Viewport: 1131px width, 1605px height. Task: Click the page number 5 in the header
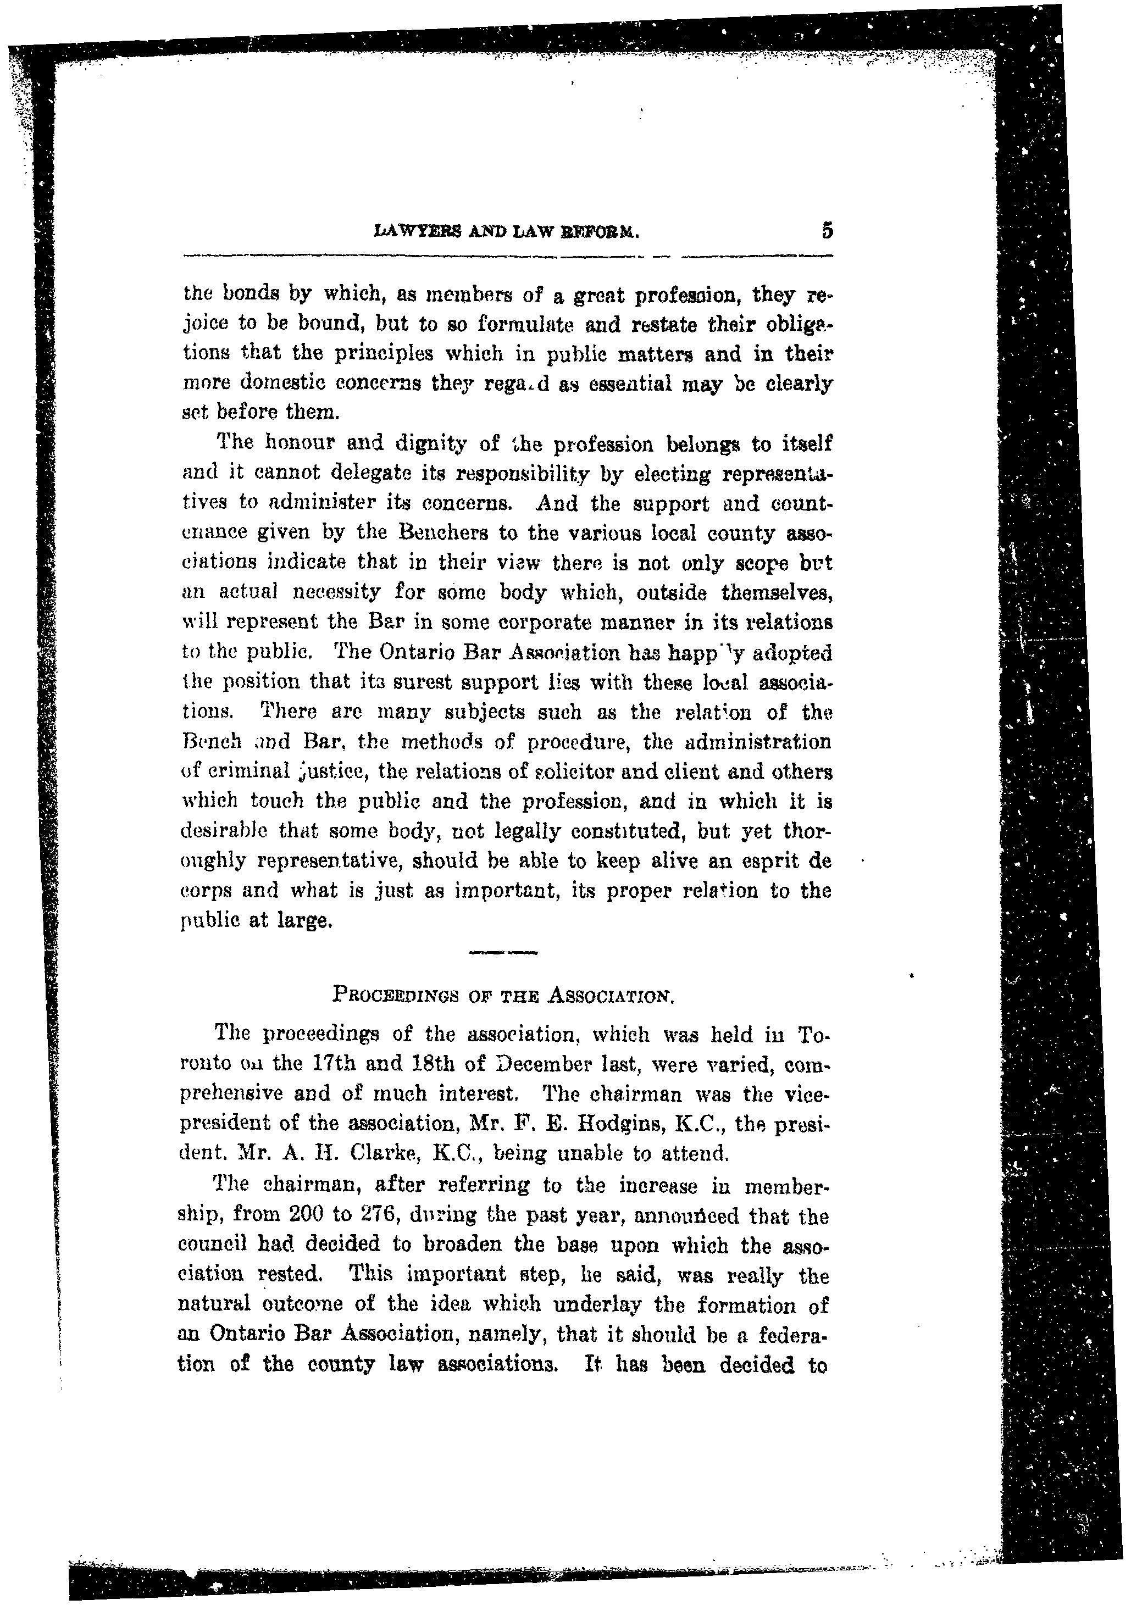pos(827,230)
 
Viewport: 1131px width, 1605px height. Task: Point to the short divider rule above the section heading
pos(503,952)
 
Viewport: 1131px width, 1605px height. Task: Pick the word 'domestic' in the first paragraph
pos(275,384)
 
